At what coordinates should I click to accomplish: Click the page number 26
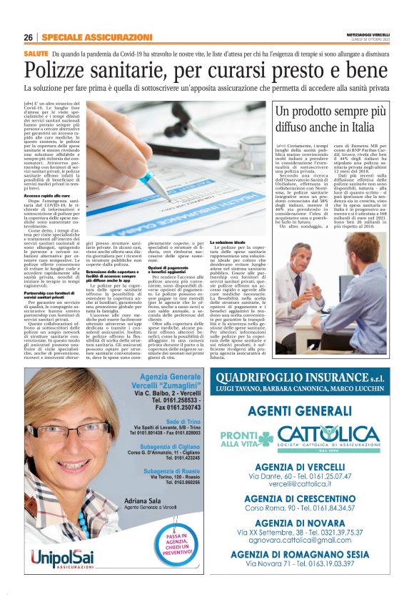pos(29,36)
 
